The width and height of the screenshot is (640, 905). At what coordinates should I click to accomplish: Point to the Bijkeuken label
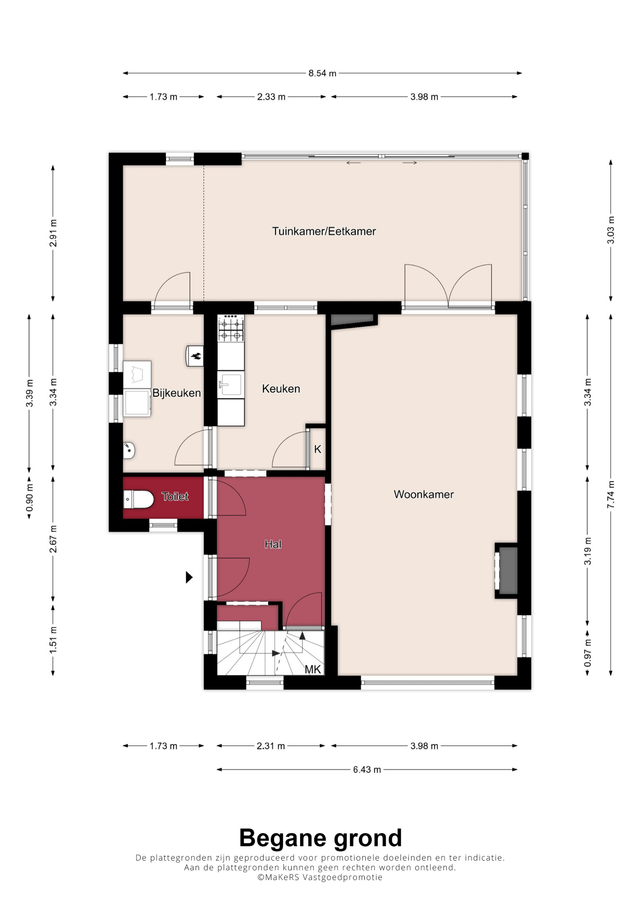[176, 393]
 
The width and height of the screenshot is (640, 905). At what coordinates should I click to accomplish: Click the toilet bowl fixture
[138, 499]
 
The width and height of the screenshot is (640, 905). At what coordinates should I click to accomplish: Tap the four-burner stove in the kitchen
[231, 328]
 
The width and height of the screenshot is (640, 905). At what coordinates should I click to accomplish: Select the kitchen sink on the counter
[230, 384]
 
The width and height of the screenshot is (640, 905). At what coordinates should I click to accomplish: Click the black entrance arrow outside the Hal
[189, 578]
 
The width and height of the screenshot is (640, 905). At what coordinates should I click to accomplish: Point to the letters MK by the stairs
[313, 669]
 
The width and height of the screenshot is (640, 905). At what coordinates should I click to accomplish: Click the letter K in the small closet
[317, 449]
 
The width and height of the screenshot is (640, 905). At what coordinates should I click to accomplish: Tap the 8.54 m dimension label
[322, 73]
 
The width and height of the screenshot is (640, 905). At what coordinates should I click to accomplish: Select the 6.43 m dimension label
[367, 770]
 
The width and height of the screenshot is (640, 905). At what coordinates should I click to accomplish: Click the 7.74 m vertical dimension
[611, 495]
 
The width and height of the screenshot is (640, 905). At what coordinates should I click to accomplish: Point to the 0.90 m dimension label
[29, 498]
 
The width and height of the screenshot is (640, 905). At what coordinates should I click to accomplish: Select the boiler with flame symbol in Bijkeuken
[195, 356]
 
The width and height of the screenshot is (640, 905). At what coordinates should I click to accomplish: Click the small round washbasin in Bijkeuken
[129, 450]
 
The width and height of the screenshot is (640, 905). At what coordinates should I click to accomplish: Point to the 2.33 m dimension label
[271, 97]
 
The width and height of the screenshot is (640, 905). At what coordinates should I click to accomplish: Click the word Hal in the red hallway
[273, 544]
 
